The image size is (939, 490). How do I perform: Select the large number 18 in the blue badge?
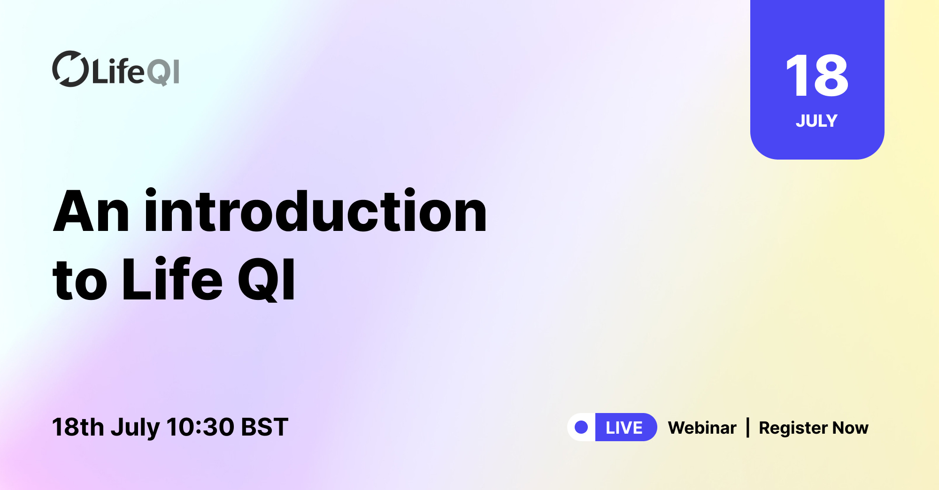click(x=817, y=76)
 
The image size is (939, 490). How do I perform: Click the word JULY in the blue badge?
click(x=816, y=121)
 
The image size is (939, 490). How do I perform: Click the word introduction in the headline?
click(x=316, y=212)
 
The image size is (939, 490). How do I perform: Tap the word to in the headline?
click(x=80, y=281)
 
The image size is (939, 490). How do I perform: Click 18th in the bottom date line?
click(x=78, y=427)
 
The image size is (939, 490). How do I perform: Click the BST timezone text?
click(x=264, y=427)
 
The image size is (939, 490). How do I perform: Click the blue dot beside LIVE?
click(x=581, y=427)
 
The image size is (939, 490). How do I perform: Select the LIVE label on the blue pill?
click(x=624, y=428)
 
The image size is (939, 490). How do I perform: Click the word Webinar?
click(x=702, y=428)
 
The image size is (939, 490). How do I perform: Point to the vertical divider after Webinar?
click(x=748, y=428)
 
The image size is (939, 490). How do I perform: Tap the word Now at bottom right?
click(x=850, y=428)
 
